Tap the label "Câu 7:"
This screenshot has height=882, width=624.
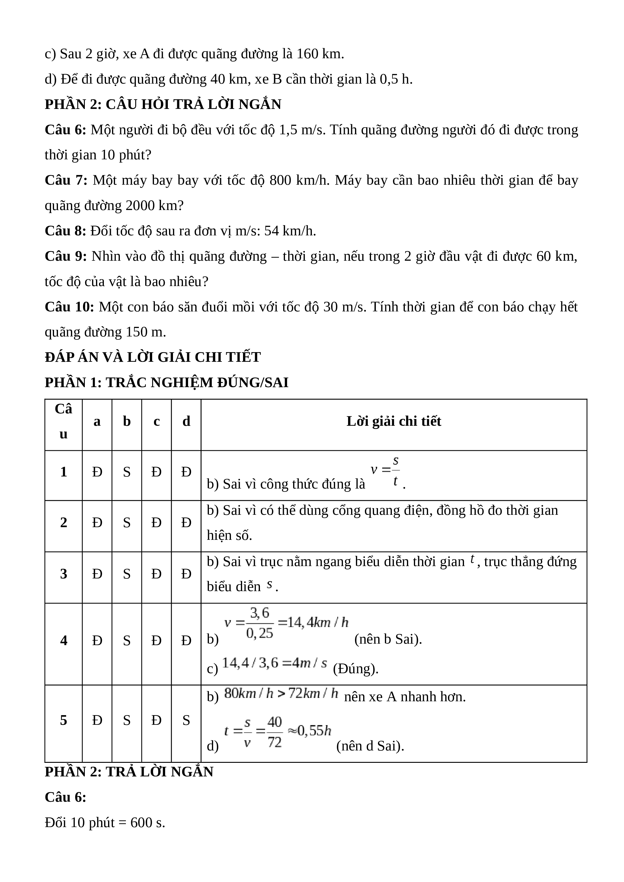click(66, 180)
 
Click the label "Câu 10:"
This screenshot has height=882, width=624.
click(69, 307)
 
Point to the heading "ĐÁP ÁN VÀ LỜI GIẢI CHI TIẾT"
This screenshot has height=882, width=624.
click(152, 357)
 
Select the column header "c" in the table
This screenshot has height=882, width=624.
click(156, 422)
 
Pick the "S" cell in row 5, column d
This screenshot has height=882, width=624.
click(186, 720)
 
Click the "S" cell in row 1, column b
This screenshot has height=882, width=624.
click(127, 472)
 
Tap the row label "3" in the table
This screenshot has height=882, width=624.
click(63, 574)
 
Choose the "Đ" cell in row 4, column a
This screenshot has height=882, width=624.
click(97, 640)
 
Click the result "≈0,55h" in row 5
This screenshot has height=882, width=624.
click(309, 730)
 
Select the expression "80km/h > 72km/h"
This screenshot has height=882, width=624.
click(281, 694)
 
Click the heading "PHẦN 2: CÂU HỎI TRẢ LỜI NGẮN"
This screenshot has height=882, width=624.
click(163, 104)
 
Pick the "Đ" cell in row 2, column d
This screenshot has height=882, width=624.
click(186, 522)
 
